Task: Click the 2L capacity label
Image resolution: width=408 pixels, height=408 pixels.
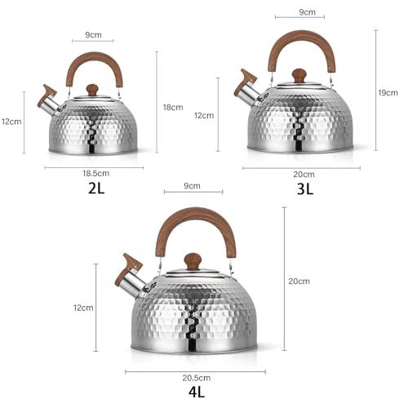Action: pyautogui.click(x=96, y=188)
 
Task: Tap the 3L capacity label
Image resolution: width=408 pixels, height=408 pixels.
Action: pyautogui.click(x=305, y=188)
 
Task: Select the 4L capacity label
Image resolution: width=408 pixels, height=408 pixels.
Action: pyautogui.click(x=197, y=392)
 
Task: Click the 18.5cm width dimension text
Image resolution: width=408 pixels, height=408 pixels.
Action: pyautogui.click(x=96, y=173)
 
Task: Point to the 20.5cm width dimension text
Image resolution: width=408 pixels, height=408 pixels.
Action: pyautogui.click(x=197, y=378)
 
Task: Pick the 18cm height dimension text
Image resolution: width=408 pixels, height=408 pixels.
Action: pyautogui.click(x=173, y=107)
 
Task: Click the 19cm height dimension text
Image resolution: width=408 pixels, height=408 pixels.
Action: pyautogui.click(x=388, y=93)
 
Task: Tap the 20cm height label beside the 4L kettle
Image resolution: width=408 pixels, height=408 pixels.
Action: pyautogui.click(x=299, y=281)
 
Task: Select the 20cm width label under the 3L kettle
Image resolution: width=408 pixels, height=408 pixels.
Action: pyautogui.click(x=304, y=175)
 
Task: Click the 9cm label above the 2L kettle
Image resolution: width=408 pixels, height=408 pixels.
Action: pyautogui.click(x=93, y=35)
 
